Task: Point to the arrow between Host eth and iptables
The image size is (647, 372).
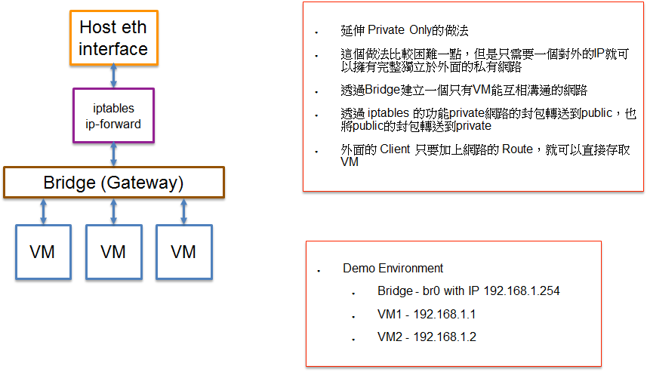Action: click(113, 76)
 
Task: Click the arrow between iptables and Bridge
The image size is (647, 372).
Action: click(113, 154)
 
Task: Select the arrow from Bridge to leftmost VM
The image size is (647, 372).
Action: click(43, 211)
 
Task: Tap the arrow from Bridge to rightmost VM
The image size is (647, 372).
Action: click(184, 211)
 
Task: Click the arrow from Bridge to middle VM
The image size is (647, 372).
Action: click(113, 211)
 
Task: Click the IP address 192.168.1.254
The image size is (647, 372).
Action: click(522, 291)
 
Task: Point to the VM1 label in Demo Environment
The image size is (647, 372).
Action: click(390, 314)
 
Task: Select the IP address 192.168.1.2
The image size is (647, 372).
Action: click(445, 337)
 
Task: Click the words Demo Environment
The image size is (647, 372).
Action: click(393, 268)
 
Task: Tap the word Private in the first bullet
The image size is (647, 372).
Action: click(387, 30)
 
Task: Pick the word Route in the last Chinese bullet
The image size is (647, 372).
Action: click(517, 149)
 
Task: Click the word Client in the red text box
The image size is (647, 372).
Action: click(396, 149)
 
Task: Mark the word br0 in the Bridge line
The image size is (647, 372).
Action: click(431, 291)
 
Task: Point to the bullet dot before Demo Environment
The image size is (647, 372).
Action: click(319, 271)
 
